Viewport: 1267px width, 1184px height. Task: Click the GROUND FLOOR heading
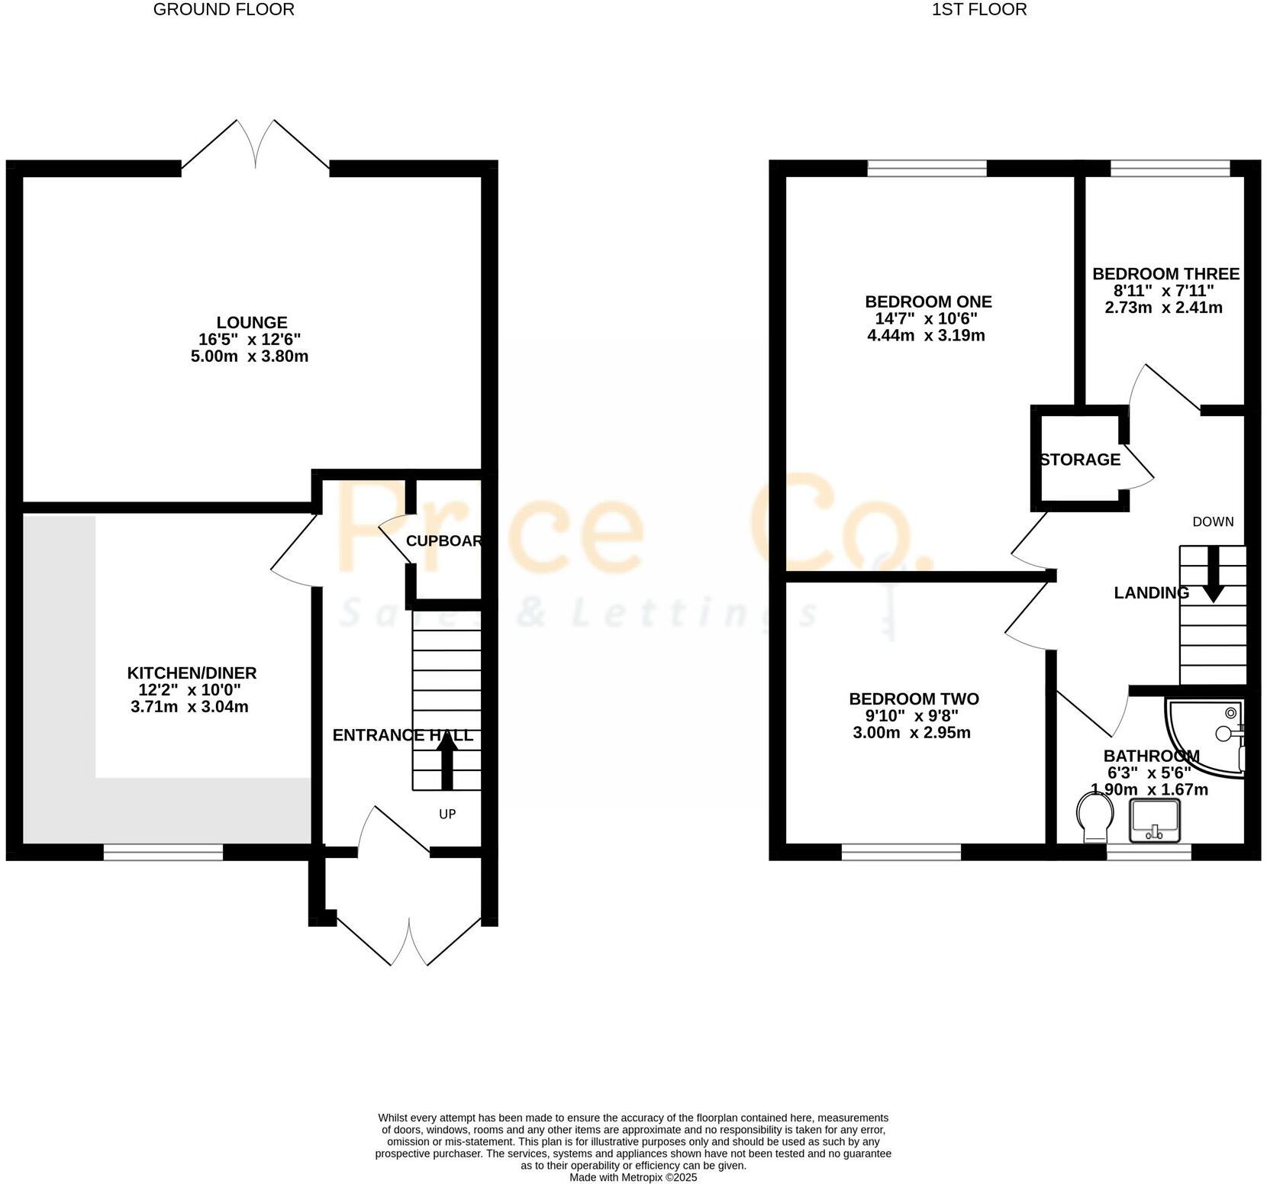224,10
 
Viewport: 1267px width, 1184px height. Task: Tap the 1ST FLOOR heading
979,10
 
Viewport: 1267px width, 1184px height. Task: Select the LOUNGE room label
251,323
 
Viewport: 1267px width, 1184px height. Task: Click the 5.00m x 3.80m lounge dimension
250,356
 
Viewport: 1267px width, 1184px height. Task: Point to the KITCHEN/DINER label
192,673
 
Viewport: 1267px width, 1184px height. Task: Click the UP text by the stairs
447,815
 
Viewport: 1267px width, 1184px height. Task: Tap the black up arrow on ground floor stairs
447,766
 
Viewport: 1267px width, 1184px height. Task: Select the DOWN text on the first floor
1213,522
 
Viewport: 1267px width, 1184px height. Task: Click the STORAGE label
1080,460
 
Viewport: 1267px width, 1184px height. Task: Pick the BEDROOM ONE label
928,302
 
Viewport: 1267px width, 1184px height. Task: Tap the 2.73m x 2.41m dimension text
1163,308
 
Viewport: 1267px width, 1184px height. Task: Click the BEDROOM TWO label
914,699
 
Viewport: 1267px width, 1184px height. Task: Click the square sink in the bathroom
1156,821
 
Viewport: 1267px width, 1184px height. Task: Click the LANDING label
1151,593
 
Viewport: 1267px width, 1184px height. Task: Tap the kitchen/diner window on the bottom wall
163,853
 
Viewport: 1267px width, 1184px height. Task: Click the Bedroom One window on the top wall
927,168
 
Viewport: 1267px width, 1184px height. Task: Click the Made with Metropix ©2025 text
633,1178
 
